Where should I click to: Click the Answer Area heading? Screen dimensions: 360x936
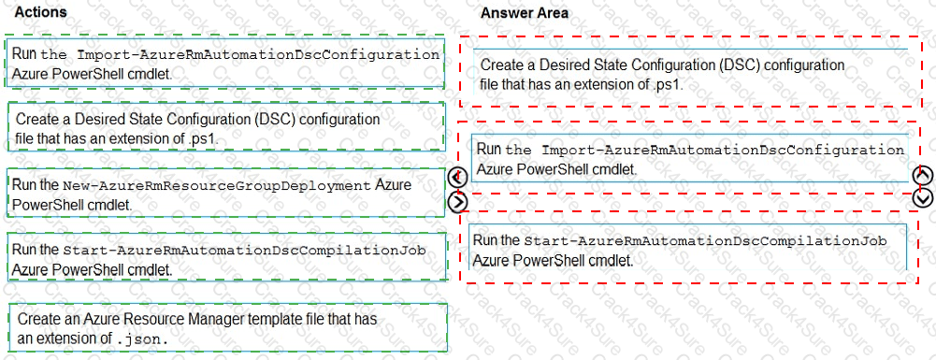(524, 13)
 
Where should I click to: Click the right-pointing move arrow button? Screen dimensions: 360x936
(457, 200)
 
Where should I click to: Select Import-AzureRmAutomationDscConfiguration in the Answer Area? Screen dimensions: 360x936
(723, 150)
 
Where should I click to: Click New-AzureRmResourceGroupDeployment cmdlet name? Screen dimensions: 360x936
(217, 185)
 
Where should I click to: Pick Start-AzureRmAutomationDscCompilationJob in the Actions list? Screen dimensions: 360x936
(244, 251)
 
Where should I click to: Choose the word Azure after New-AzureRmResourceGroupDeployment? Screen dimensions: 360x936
(393, 185)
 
